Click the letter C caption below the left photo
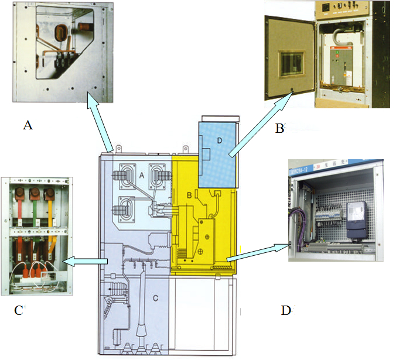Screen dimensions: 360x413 click(18, 311)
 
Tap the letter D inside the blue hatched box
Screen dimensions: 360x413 click(219, 140)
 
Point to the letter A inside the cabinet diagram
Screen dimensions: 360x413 click(141, 175)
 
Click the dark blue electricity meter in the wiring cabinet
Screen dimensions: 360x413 click(357, 220)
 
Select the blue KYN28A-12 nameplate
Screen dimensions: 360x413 click(300, 170)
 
